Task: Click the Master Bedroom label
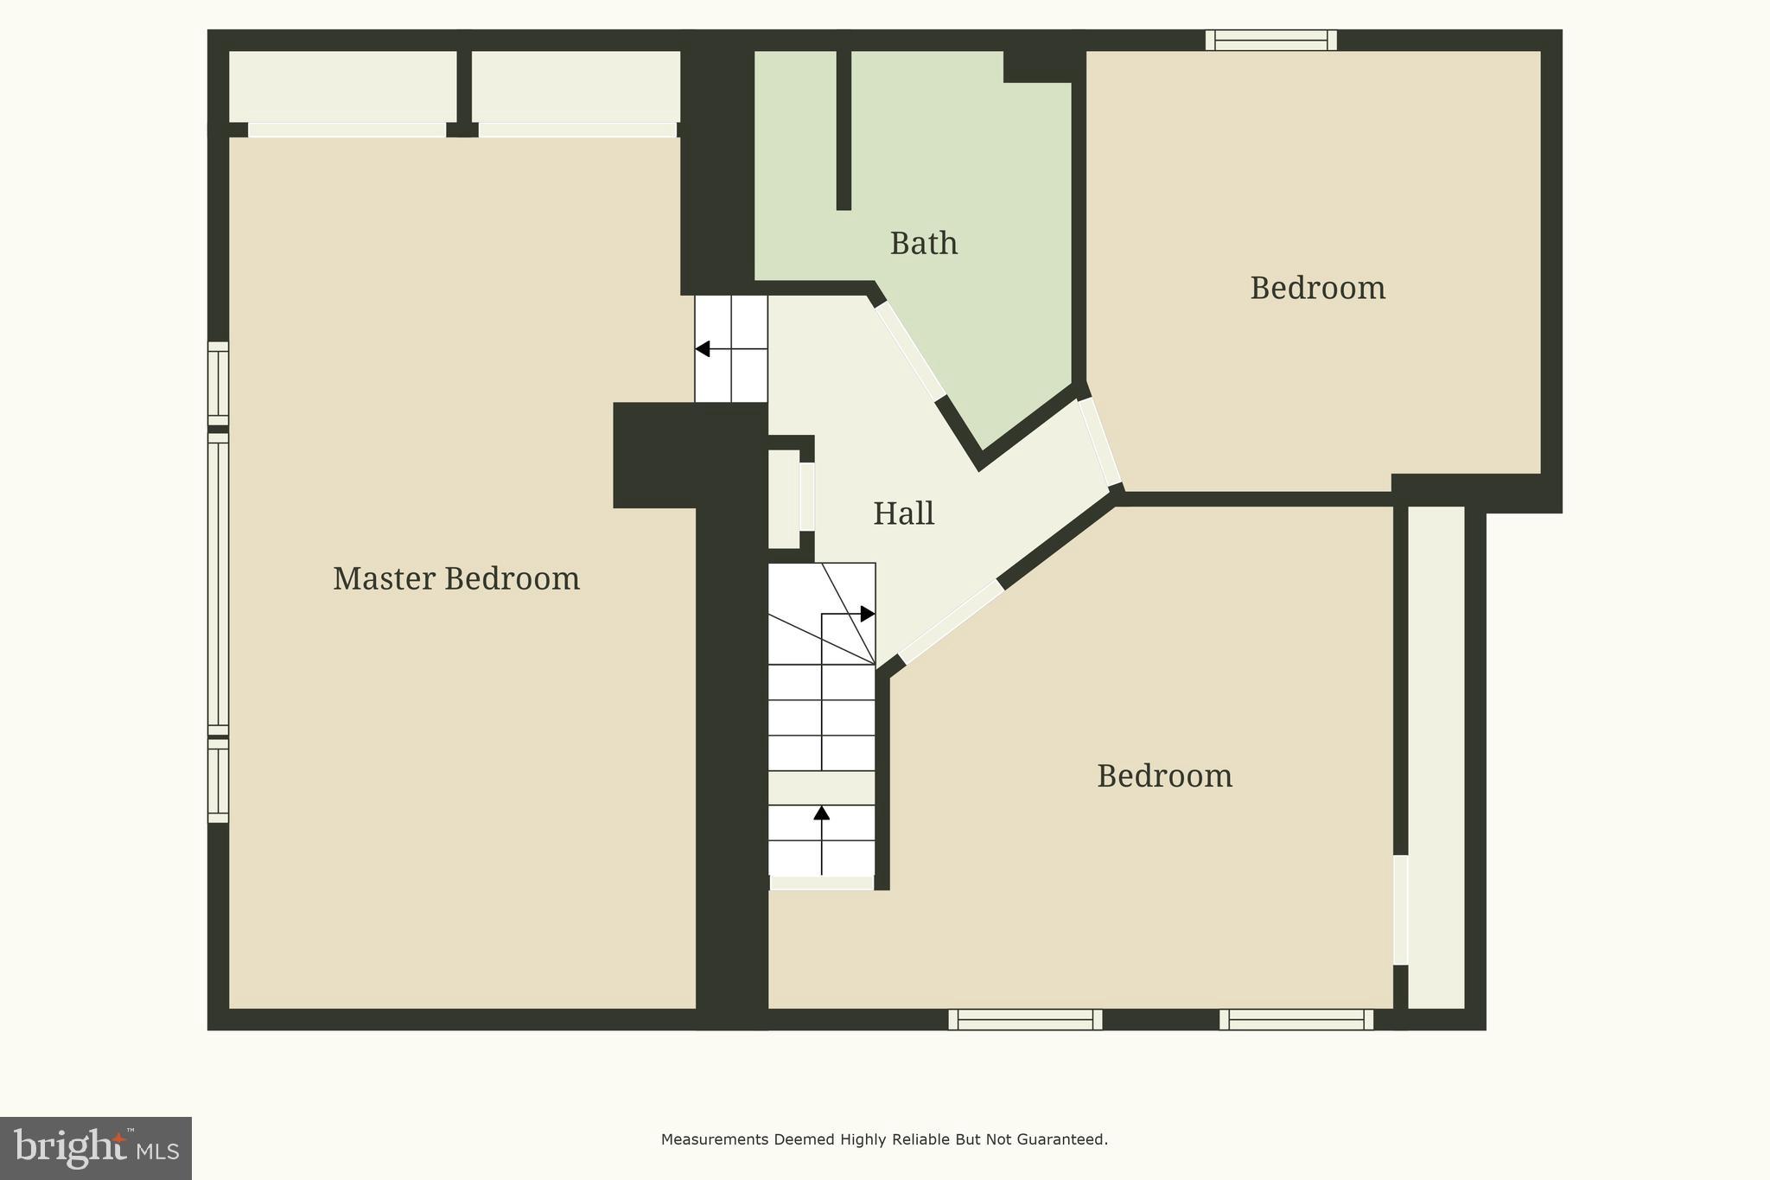456,578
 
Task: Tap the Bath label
923,244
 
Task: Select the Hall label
903,513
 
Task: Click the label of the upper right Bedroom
1317,288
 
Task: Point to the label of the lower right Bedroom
1164,776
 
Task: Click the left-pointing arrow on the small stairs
703,349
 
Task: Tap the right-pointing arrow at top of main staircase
867,614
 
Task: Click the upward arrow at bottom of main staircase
821,813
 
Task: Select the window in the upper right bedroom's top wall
1271,40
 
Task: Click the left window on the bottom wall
1025,1020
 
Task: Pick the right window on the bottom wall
1296,1020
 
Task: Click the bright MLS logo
96,1148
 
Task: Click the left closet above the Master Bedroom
342,86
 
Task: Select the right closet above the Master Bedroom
576,86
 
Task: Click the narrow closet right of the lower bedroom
1436,756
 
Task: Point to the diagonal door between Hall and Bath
910,350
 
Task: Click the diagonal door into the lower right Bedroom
951,621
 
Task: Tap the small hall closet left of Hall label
784,498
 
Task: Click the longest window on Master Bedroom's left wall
218,584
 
